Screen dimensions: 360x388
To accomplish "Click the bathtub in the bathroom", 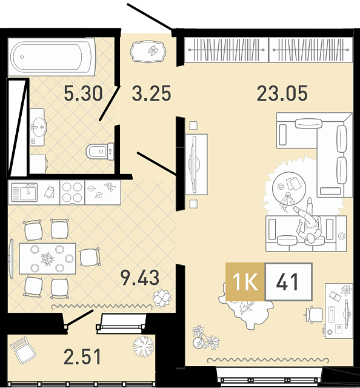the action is pos(52,56).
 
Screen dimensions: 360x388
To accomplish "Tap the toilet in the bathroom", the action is pos(100,152).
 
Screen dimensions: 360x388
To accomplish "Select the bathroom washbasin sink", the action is pos(38,127).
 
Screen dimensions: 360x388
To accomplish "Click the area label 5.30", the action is pos(83,93).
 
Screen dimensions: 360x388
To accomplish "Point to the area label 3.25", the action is pos(152,93).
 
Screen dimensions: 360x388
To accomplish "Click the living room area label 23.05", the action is pos(282,93).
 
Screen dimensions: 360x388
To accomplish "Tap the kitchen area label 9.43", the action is pos(140,278).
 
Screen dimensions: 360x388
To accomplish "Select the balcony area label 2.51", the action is pos(82,356).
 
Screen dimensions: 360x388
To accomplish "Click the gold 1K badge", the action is pos(245,282).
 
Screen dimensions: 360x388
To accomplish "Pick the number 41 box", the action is pos(288,282).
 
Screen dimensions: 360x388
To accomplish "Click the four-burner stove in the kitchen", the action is pos(72,192).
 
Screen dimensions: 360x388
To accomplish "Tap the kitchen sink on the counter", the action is pos(24,192).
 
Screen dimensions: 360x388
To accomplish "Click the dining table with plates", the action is pos(47,259).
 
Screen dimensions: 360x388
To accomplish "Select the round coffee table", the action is pos(289,189).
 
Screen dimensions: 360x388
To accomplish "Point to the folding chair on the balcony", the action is pos(23,350).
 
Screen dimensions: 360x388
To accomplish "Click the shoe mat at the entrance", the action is pos(148,52).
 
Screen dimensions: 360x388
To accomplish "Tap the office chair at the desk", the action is pos(313,315).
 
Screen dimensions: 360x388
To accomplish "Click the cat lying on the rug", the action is pos(246,308).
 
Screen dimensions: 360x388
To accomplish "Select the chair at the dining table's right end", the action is pos(90,257).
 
